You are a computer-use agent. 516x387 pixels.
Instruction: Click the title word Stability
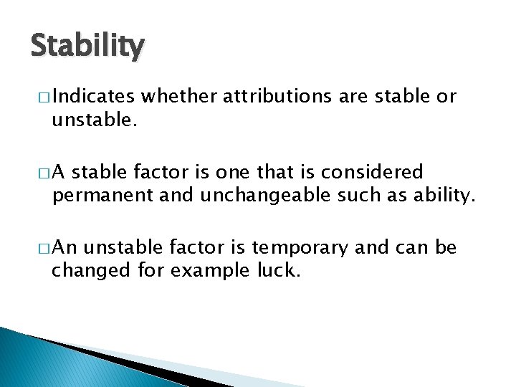point(87,47)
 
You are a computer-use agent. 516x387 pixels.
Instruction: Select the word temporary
point(308,249)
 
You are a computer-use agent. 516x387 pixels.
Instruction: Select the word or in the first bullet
point(446,97)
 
